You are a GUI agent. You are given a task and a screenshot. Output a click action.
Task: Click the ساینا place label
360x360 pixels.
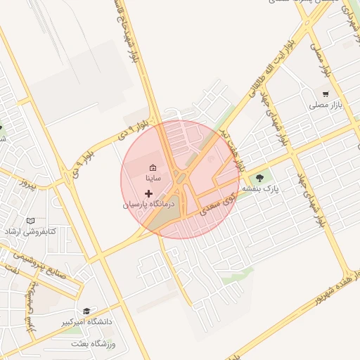click(153, 179)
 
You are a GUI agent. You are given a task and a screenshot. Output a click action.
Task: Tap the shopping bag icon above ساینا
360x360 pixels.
click(153, 167)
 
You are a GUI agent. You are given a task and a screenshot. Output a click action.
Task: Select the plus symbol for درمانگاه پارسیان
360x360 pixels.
click(148, 193)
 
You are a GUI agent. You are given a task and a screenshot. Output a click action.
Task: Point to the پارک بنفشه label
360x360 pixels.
click(262, 190)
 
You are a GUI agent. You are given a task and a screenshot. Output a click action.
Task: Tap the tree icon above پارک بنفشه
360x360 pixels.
click(261, 178)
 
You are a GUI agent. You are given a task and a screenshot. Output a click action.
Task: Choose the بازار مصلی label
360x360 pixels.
click(325, 106)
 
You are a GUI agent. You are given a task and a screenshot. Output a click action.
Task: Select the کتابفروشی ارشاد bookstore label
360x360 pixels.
click(30, 231)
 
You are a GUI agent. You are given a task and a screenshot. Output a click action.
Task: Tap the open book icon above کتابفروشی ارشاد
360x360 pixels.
click(30, 219)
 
